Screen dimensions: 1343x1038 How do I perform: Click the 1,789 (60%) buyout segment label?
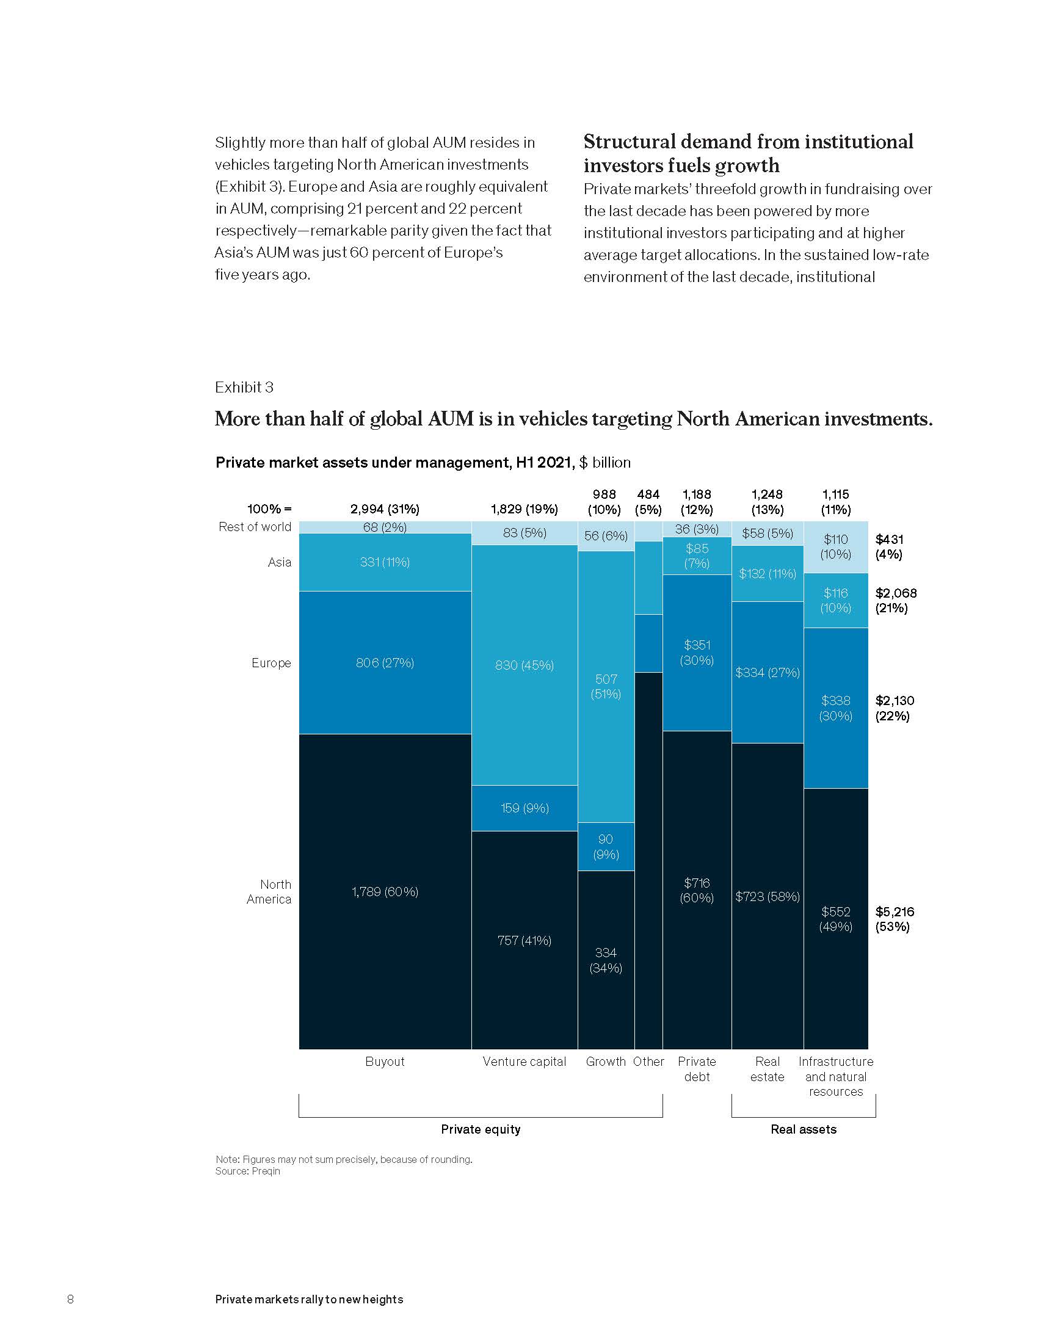point(384,892)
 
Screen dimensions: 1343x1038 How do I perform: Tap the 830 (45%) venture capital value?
point(524,665)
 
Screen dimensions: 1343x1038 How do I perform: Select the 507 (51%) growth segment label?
point(606,686)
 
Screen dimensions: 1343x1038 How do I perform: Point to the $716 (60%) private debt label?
point(697,890)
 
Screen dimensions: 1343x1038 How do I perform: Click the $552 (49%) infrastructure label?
point(836,919)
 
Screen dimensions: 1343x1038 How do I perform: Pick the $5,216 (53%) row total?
point(895,919)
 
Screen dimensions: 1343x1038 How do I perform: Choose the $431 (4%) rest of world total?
point(889,547)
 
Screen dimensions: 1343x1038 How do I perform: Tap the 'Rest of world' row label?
point(255,527)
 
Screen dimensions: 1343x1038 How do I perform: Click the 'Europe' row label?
point(270,663)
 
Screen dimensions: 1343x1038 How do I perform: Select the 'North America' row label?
point(269,892)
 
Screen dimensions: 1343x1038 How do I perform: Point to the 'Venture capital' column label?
point(524,1062)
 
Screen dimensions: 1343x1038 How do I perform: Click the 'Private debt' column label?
point(697,1069)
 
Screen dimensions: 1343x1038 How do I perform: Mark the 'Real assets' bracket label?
point(803,1129)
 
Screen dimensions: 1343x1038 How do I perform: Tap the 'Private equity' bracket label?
point(481,1129)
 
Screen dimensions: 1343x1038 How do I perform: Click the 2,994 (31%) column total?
point(384,509)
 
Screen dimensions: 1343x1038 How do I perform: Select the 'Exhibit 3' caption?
point(244,388)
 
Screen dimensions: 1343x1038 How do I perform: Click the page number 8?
point(70,1298)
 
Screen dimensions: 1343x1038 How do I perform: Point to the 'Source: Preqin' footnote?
point(247,1171)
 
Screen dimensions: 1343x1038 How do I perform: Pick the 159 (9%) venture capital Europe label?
point(524,808)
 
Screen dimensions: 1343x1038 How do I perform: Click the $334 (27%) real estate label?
point(768,673)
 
